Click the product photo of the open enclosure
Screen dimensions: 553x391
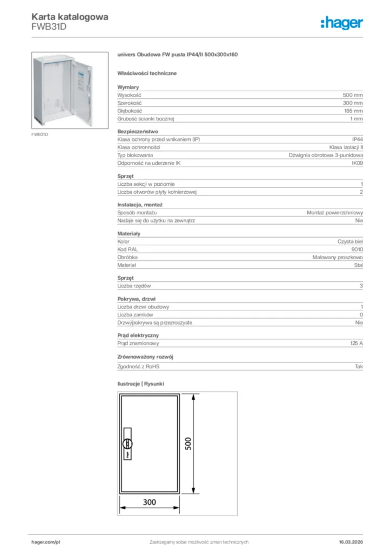63,90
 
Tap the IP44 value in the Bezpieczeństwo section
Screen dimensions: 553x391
357,139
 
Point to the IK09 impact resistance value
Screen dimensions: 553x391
357,163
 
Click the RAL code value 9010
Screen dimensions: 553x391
357,249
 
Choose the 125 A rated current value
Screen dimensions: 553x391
356,343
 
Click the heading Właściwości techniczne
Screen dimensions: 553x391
147,73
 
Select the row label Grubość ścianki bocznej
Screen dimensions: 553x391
145,118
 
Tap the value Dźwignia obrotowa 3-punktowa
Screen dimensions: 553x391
326,155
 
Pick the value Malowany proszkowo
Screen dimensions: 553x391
338,258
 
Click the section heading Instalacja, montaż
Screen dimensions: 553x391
140,205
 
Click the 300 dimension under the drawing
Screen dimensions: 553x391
150,502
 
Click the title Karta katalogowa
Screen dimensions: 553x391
70,17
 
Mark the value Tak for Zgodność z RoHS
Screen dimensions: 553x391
359,367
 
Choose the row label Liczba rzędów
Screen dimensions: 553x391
134,286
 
